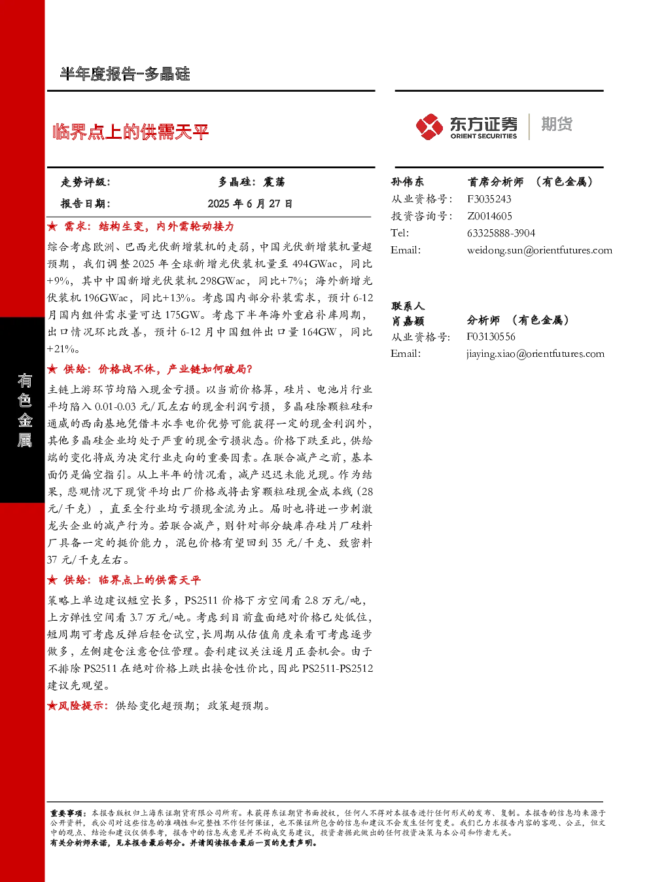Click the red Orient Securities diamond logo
pyautogui.click(x=430, y=126)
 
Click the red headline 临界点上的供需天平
pyautogui.click(x=131, y=132)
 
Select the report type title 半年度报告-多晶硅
pyautogui.click(x=125, y=73)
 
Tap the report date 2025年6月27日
pyautogui.click(x=250, y=204)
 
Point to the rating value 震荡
pyautogui.click(x=274, y=182)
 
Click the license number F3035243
pyautogui.click(x=489, y=199)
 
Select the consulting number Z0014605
pyautogui.click(x=489, y=216)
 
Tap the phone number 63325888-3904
pyautogui.click(x=501, y=233)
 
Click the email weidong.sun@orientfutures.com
pyautogui.click(x=540, y=250)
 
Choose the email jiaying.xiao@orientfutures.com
pyautogui.click(x=536, y=354)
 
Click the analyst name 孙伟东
pyautogui.click(x=407, y=182)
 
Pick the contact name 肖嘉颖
pyautogui.click(x=407, y=321)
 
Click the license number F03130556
pyautogui.click(x=491, y=337)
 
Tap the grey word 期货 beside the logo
pyautogui.click(x=557, y=124)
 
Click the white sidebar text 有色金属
pyautogui.click(x=24, y=411)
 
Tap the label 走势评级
pyautogui.click(x=85, y=182)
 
